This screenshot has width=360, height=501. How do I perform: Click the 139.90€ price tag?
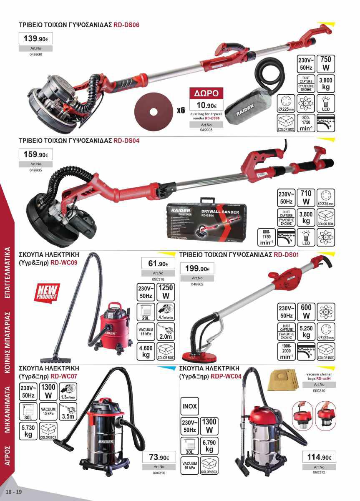pos(36,39)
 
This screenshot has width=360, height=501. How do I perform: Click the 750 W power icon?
pos(325,63)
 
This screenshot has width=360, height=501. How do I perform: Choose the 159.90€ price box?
pos(36,154)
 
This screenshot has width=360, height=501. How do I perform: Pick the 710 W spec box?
pos(306,197)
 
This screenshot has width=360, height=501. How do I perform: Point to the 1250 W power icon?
pos(166,292)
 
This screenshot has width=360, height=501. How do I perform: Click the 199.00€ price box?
pos(196,269)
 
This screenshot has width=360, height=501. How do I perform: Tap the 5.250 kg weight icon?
pos(306,331)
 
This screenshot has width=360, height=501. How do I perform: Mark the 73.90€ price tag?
pos(159,458)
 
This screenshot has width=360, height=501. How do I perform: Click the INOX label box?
pos(189,406)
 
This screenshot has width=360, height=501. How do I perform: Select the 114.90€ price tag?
pos(319,457)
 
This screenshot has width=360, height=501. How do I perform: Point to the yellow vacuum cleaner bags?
pos(282,380)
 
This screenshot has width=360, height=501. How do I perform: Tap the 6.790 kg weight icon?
pos(209,446)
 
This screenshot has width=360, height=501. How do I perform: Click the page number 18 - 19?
pos(13,492)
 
